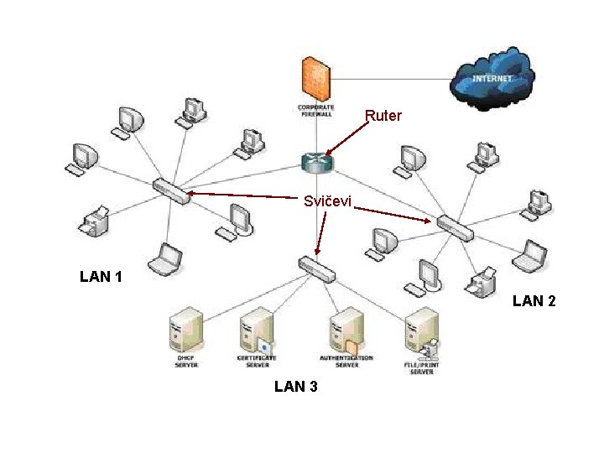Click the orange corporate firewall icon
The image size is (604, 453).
316,78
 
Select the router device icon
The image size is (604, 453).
317,163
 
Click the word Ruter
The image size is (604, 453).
383,117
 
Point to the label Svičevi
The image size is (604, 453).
328,202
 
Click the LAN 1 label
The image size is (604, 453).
101,276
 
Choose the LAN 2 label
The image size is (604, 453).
534,300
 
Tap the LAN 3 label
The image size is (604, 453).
295,387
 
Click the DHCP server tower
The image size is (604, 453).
186,332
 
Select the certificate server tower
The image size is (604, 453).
257,332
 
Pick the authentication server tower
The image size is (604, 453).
346,332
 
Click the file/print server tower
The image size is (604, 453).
420,332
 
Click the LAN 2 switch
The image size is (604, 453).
454,226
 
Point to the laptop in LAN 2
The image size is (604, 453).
531,256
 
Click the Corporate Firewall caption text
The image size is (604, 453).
316,111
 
